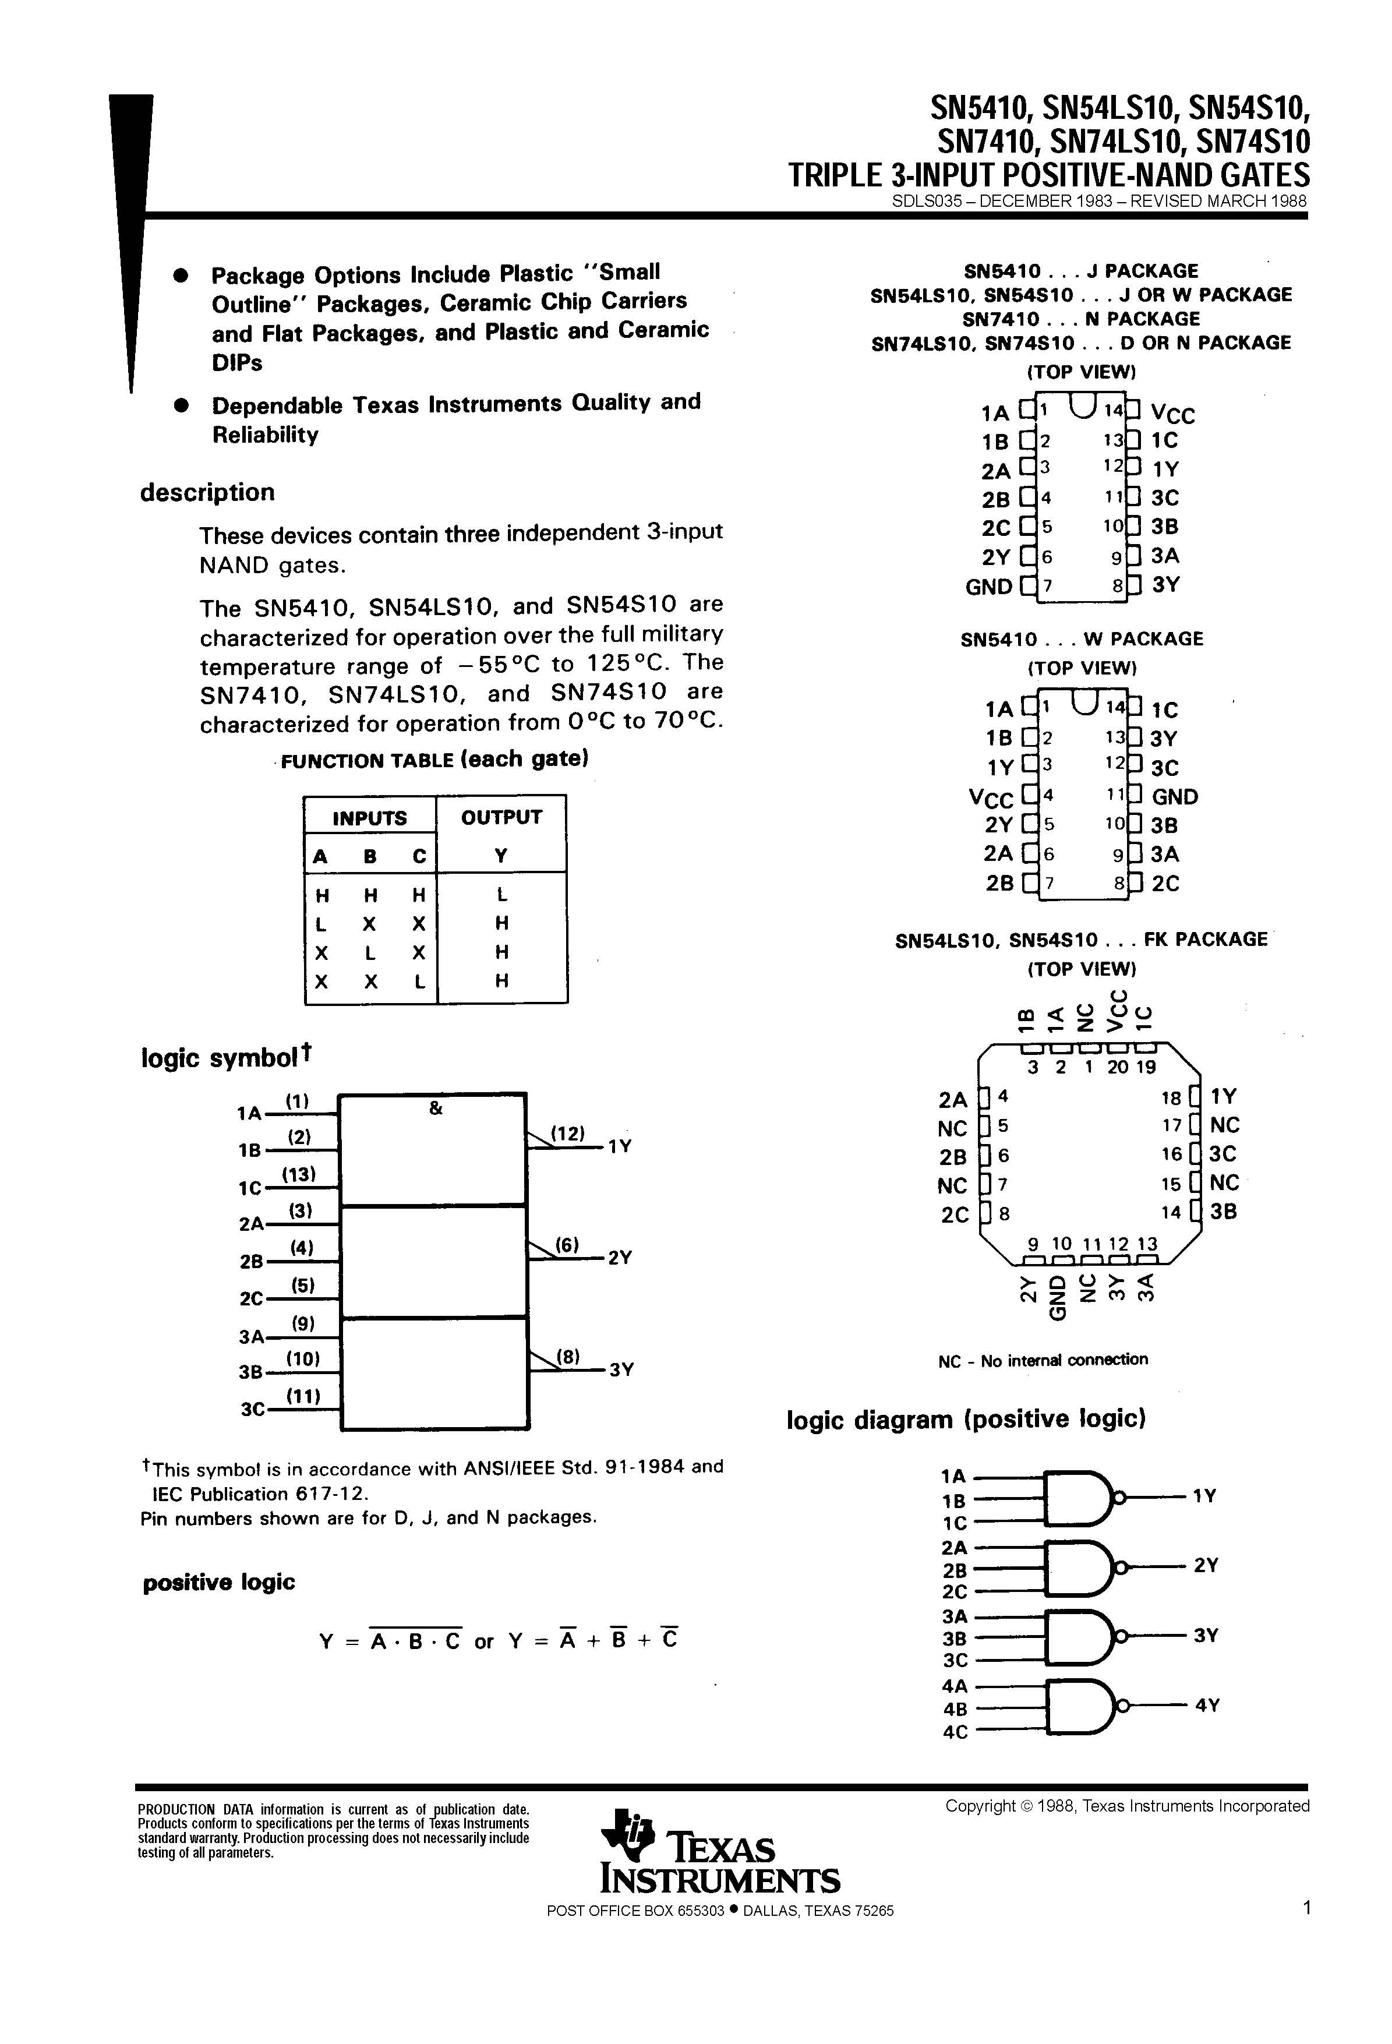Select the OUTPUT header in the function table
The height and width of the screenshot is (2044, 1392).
tap(501, 817)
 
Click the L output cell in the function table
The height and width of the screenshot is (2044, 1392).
tap(501, 895)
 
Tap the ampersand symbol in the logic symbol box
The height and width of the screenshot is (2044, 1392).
tap(435, 1109)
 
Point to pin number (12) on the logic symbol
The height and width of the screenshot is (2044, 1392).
tap(568, 1134)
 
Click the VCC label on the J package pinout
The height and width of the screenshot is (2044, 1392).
tap(1172, 414)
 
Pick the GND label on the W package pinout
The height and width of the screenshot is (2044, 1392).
tap(1175, 797)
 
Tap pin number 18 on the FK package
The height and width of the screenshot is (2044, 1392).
tap(1171, 1097)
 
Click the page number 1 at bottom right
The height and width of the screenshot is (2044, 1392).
tap(1307, 1908)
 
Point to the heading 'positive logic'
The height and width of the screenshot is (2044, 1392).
tap(219, 1582)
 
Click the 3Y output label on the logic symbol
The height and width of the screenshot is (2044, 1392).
tap(621, 1370)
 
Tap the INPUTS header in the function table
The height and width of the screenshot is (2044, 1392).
tap(369, 818)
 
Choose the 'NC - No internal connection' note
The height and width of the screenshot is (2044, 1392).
tap(1043, 1360)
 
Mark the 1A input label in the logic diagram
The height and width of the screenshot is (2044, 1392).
tap(953, 1476)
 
